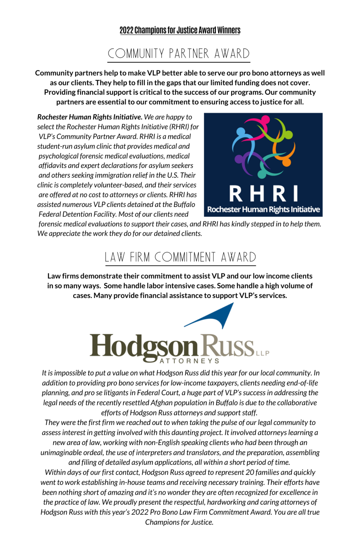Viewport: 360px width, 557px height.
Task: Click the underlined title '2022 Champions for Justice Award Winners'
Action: pyautogui.click(x=180, y=30)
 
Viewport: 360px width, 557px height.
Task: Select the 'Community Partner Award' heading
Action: pyautogui.click(x=179, y=53)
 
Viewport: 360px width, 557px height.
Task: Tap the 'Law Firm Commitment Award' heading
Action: pyautogui.click(x=180, y=257)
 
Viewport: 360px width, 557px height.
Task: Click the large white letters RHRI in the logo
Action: pyautogui.click(x=263, y=194)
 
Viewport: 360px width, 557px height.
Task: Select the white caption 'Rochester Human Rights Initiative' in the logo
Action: pyautogui.click(x=263, y=210)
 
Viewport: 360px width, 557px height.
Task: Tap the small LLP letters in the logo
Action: pyautogui.click(x=263, y=353)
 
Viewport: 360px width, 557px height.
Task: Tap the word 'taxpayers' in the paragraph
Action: pyautogui.click(x=221, y=383)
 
